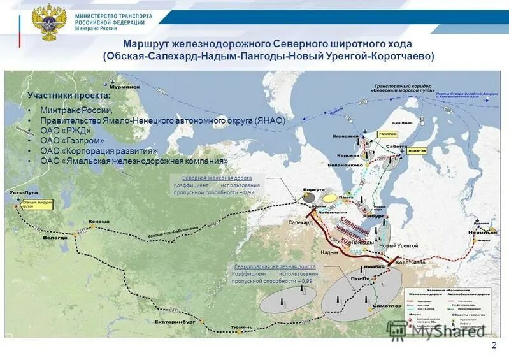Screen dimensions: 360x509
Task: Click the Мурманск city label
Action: (128, 87)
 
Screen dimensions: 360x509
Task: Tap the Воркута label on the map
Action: (313, 189)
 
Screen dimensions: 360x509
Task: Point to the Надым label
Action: (329, 253)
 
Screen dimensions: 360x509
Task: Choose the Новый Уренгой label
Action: (398, 245)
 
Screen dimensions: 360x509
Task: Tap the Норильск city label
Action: (485, 233)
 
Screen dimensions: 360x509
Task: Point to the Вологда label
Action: (54, 237)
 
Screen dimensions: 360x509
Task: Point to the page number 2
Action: (494, 345)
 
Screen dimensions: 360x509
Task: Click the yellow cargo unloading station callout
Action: (37, 205)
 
